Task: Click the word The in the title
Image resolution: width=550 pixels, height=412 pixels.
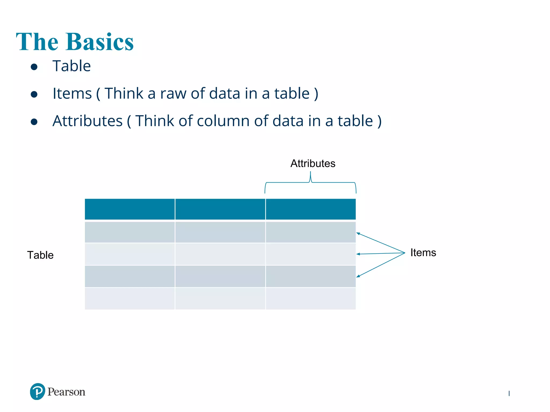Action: point(37,42)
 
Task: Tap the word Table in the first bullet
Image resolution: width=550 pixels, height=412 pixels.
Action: point(71,66)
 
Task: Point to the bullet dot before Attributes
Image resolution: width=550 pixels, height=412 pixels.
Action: point(34,122)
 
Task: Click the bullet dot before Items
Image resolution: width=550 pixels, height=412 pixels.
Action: point(34,94)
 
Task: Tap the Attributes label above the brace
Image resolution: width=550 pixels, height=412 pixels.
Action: point(313,163)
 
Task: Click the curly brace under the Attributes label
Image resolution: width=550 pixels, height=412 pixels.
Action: point(310,183)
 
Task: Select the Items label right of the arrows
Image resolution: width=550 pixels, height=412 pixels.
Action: point(423,253)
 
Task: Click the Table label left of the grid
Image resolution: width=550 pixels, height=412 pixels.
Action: point(40,255)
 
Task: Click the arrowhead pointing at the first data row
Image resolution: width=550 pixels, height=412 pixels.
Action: point(358,234)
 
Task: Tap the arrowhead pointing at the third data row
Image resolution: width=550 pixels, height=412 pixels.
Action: point(358,276)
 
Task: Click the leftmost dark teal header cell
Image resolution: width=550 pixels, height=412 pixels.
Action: point(130,209)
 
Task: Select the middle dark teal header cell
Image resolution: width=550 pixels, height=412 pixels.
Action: point(220,209)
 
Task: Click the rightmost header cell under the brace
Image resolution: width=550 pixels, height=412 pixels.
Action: point(311,209)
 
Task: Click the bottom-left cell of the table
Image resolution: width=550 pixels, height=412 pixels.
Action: point(130,299)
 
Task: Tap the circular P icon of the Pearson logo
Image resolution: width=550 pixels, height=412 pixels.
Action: point(38,392)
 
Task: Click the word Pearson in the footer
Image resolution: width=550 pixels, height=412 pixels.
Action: point(66,392)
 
